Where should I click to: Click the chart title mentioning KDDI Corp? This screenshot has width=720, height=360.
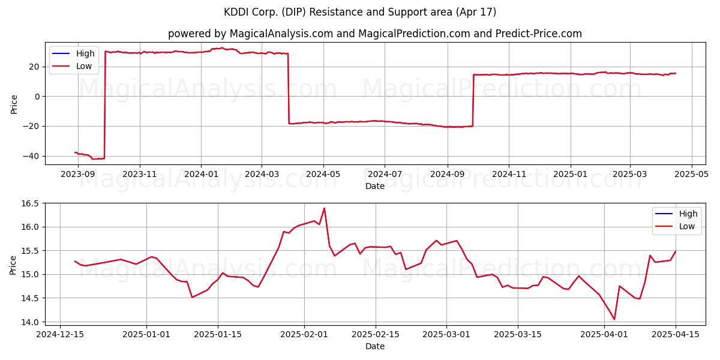(x=359, y=12)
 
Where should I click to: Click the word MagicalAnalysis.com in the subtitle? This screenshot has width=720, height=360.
(x=281, y=34)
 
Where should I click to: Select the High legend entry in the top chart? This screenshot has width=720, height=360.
(x=73, y=53)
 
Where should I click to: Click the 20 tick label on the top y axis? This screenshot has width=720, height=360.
(x=34, y=67)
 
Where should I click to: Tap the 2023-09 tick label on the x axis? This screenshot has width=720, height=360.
(x=78, y=174)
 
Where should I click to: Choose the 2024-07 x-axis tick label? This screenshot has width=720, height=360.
(x=385, y=174)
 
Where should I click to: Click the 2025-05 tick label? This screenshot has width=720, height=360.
(x=691, y=174)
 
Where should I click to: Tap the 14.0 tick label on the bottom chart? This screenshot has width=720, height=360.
(x=30, y=322)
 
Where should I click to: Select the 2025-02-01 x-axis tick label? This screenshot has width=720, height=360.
(x=304, y=335)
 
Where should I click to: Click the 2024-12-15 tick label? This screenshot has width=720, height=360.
(x=60, y=335)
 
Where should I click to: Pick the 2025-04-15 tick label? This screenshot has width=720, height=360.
(x=676, y=335)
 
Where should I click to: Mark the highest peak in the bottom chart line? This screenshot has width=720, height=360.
(x=324, y=208)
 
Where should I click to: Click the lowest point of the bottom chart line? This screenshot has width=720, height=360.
(x=614, y=319)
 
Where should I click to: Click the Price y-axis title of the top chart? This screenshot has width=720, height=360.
(x=14, y=104)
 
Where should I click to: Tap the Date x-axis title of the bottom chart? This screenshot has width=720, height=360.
(x=375, y=346)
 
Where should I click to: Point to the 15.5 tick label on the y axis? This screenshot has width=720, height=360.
(x=30, y=251)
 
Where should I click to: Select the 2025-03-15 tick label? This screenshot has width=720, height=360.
(x=518, y=335)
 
